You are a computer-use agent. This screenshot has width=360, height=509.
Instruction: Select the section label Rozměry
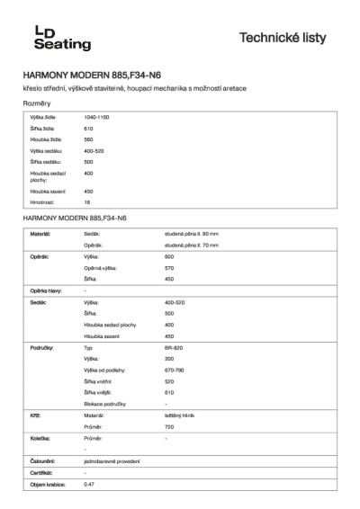36,104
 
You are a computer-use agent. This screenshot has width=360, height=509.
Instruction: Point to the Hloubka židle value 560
88,139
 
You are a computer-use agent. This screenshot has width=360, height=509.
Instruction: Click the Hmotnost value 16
87,202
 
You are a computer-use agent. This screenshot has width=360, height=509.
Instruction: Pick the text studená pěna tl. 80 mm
192,234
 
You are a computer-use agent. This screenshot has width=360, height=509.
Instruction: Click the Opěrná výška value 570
170,268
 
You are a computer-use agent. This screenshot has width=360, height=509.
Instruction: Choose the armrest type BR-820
174,346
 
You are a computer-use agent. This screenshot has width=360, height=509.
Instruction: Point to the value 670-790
175,370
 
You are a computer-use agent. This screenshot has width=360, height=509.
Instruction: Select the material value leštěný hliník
180,416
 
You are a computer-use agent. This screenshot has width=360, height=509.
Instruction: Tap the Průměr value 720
170,427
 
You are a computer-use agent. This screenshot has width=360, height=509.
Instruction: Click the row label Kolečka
41,438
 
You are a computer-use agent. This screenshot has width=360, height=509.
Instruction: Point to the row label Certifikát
41,472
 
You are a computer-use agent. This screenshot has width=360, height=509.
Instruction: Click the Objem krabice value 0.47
88,484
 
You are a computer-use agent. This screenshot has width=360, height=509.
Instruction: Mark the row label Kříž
36,416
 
